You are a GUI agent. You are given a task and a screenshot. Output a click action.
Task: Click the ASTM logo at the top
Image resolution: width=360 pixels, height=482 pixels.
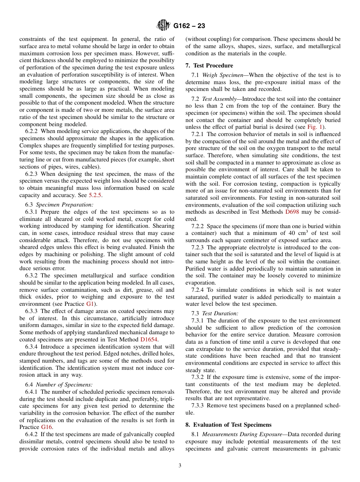[x=164, y=26]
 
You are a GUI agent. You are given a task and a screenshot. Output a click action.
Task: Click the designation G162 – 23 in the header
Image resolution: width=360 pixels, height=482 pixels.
[x=189, y=26]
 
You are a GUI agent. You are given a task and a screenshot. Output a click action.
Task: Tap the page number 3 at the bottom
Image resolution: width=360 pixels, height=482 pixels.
[x=180, y=466]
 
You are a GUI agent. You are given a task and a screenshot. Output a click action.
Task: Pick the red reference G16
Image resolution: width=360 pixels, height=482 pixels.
[x=46, y=427]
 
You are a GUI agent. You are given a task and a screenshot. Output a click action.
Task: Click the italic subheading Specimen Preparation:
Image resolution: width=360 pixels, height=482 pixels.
[x=65, y=205]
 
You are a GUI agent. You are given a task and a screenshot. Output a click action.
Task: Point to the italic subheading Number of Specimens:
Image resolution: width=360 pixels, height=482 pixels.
[x=64, y=385]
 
